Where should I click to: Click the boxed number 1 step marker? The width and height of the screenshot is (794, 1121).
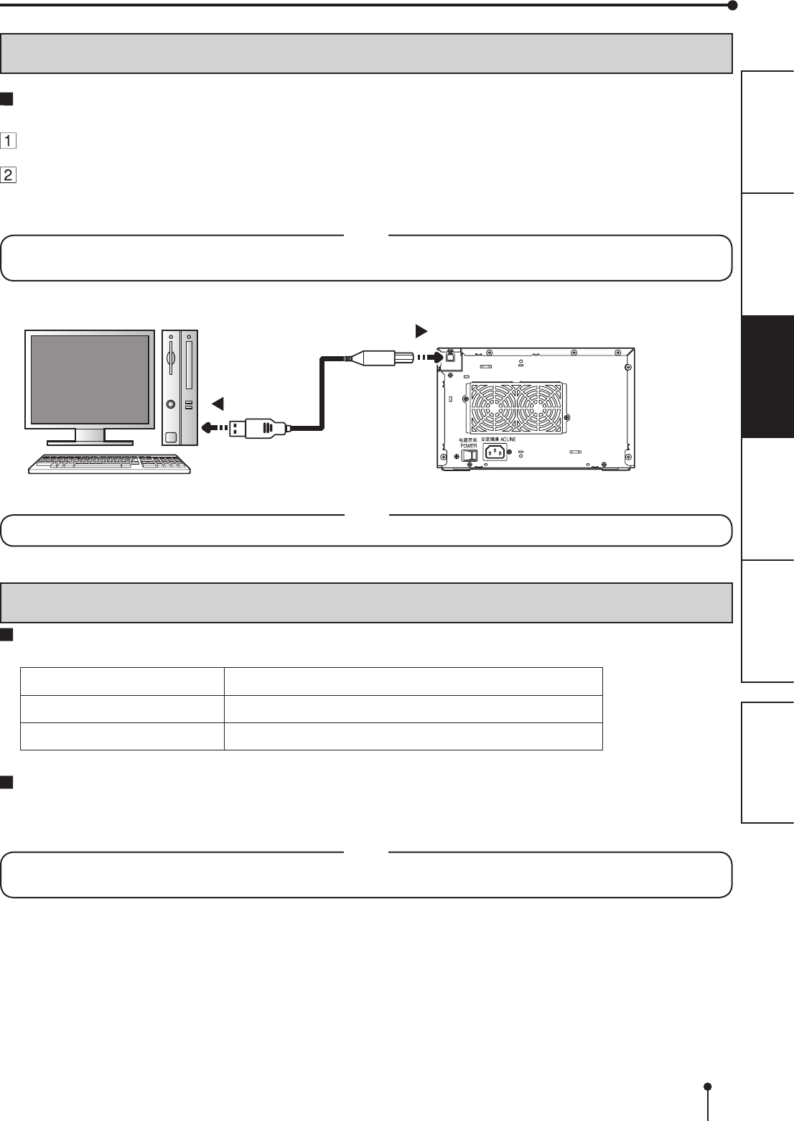click(9, 141)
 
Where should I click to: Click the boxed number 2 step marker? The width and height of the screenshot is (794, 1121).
click(9, 175)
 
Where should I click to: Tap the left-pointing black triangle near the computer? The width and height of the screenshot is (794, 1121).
click(218, 404)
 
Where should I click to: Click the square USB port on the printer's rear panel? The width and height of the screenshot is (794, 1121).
click(450, 357)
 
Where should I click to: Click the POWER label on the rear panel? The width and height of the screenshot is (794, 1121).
click(468, 445)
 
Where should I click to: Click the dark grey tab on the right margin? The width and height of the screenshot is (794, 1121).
click(767, 376)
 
